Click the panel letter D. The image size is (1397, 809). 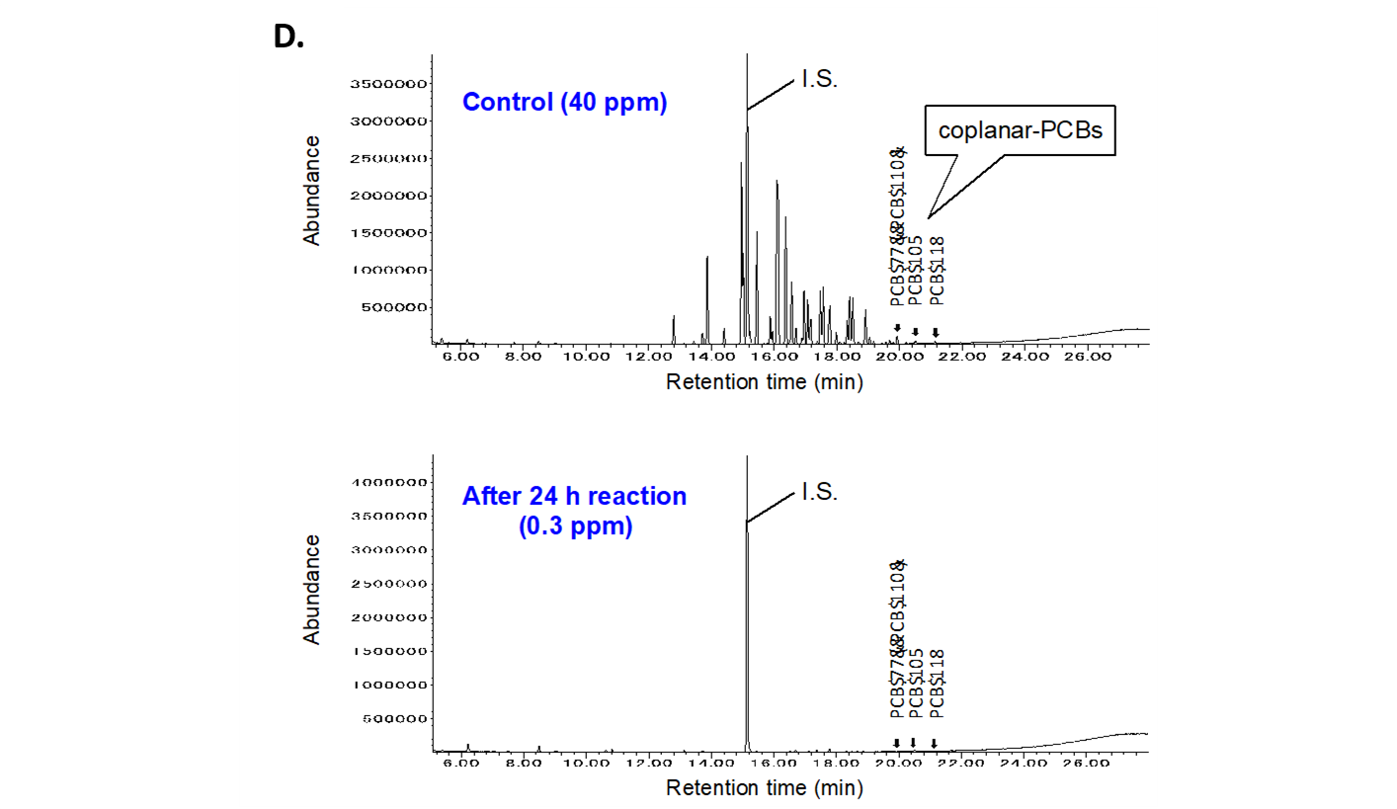click(287, 37)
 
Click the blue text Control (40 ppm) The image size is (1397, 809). click(564, 103)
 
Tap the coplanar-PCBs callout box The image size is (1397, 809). click(1019, 130)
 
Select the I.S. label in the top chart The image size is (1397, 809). click(819, 81)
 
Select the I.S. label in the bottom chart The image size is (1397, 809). click(819, 491)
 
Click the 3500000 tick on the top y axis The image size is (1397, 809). click(388, 84)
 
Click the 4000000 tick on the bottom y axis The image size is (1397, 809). click(388, 483)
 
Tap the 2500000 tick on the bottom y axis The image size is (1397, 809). click(388, 584)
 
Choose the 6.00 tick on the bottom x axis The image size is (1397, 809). click(459, 763)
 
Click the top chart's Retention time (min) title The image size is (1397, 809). click(764, 382)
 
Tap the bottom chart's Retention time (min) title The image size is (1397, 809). click(764, 788)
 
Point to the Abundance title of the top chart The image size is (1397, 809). click(312, 191)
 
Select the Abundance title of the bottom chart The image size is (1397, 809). click(312, 590)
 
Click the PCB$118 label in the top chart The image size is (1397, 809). click(938, 271)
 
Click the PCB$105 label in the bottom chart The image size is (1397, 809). click(917, 682)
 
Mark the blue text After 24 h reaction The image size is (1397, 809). click(574, 496)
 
